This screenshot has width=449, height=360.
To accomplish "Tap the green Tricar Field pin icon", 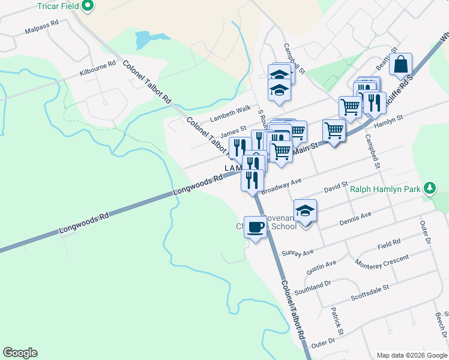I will coord(88,6).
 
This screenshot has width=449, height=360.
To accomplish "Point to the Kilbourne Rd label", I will coord(97,68).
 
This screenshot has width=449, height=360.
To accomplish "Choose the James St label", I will coord(234,130).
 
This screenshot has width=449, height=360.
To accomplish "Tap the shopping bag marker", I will coord(400,64).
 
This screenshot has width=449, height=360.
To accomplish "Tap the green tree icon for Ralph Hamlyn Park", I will coord(429,188).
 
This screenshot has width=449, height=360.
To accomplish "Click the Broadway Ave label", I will coord(281,185).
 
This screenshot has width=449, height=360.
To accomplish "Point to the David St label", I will coord(336,188).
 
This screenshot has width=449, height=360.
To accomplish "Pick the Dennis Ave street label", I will coord(355,217).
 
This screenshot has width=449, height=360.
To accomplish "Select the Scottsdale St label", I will coord(370,292).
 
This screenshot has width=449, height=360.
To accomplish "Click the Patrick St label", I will coord(337,322).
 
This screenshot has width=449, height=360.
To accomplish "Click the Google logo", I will coord(20,353).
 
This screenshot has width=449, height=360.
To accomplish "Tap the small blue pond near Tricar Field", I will coord(144,40).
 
